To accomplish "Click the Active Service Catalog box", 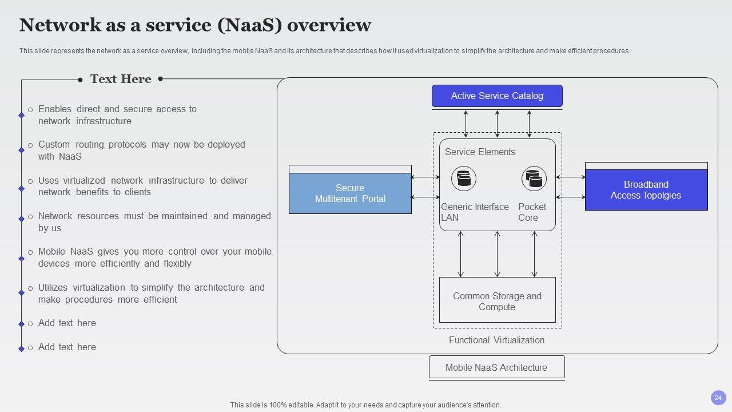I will click(497, 96).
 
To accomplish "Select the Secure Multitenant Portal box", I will click(350, 193).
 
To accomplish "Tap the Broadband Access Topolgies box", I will click(646, 190).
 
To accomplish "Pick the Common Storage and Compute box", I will click(497, 301).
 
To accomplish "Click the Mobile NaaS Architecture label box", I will click(496, 367).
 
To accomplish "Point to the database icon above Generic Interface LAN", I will click(464, 179).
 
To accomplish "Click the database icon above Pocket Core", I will click(534, 179).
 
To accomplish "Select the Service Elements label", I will click(480, 152).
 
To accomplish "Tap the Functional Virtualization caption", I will click(496, 340).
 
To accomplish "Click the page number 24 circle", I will click(718, 398).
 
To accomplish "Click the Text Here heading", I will click(121, 79).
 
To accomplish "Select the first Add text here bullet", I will click(67, 323).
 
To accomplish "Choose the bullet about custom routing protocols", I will click(141, 150).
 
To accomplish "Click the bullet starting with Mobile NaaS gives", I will click(154, 257).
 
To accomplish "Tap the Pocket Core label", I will click(532, 212).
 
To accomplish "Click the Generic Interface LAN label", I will click(475, 212).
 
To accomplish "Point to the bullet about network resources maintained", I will click(154, 222).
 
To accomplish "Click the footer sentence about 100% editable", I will click(365, 405).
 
